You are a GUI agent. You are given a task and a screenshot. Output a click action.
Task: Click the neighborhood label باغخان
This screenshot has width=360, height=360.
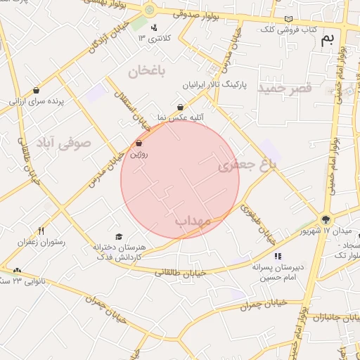[146, 70]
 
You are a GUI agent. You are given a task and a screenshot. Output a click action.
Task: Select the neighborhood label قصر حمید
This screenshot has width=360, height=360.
[284, 89]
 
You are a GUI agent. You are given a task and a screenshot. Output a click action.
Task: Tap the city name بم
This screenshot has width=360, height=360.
[327, 40]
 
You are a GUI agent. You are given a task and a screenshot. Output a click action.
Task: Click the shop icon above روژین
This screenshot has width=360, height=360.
[139, 143]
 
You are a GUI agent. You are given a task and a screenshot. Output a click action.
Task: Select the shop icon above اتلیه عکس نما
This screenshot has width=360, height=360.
[181, 107]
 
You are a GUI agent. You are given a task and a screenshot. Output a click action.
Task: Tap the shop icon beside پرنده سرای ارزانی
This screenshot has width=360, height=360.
[36, 90]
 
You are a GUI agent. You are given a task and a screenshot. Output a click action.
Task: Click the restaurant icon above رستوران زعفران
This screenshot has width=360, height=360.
[41, 231]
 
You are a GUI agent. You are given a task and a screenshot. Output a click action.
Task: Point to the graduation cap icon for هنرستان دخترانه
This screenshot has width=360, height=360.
[118, 236]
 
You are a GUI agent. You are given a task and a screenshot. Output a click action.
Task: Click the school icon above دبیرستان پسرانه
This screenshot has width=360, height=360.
[278, 256]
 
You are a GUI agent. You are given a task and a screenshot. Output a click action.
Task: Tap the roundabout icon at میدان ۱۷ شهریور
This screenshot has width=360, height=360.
[325, 219]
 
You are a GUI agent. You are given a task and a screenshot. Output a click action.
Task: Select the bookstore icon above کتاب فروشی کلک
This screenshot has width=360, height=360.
[288, 19]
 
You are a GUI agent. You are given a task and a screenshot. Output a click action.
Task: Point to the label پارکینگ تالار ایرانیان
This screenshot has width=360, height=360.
[217, 84]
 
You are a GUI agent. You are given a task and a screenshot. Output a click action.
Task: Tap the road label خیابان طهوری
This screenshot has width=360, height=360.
[257, 223]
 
